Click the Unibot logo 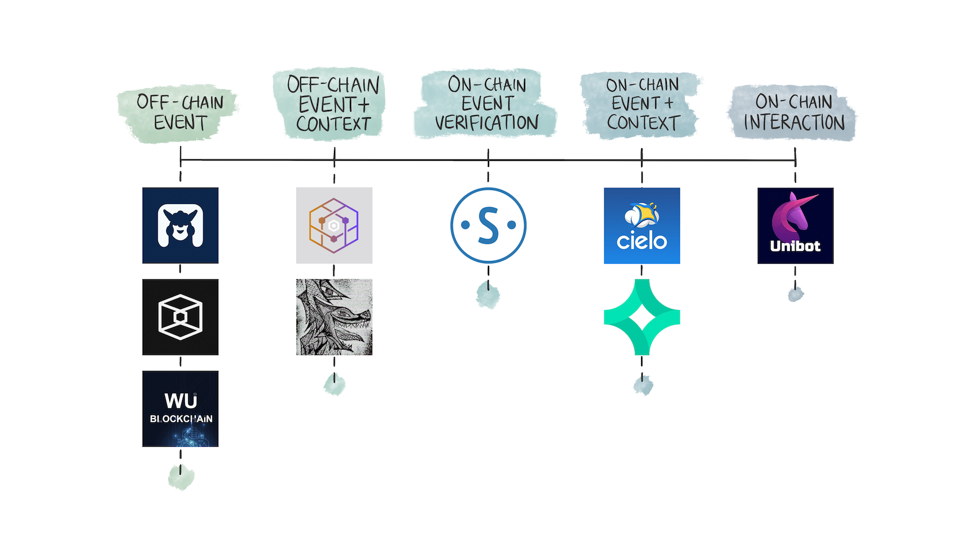click(x=795, y=226)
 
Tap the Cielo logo click(x=642, y=226)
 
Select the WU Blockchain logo click(x=180, y=409)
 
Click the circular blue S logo click(x=488, y=226)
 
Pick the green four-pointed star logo click(x=642, y=317)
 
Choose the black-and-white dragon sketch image click(x=334, y=317)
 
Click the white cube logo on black click(x=180, y=317)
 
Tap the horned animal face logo click(x=180, y=226)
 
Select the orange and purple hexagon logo click(x=334, y=226)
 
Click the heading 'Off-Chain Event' click(x=180, y=112)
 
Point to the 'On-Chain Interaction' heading click(x=794, y=112)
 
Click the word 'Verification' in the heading click(x=487, y=123)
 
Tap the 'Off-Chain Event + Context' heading click(x=333, y=104)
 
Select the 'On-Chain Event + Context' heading click(x=642, y=104)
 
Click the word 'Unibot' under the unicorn click(x=795, y=246)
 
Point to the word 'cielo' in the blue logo click(x=642, y=241)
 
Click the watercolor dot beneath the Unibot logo click(x=795, y=295)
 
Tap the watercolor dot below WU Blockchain click(x=181, y=477)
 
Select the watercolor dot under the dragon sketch click(x=334, y=384)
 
